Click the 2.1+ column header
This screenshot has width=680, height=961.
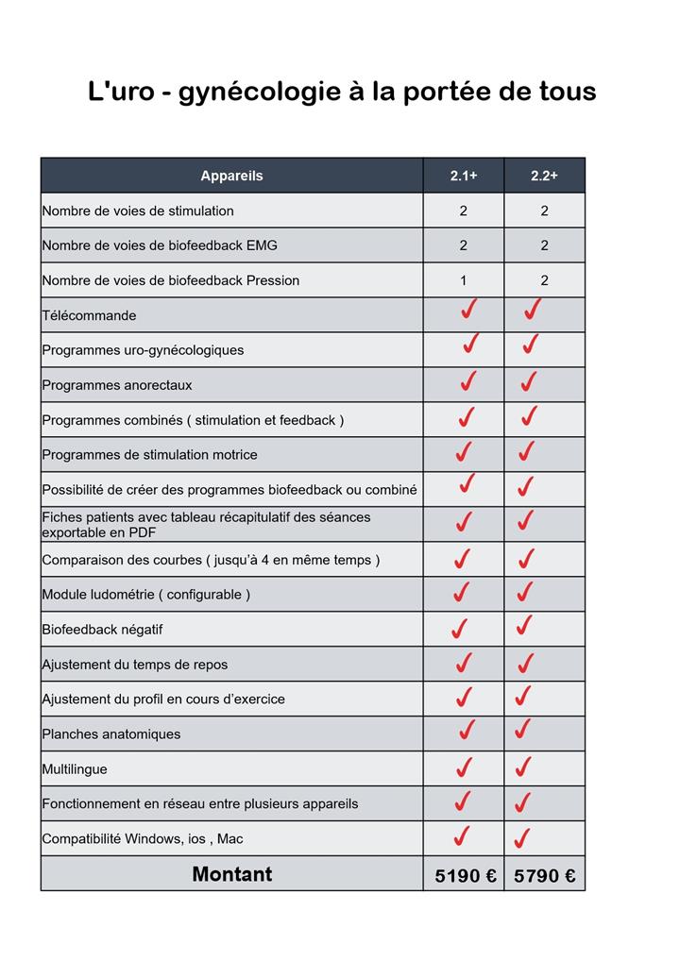point(463,176)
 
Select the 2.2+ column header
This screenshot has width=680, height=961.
point(544,176)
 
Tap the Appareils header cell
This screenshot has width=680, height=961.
point(231,176)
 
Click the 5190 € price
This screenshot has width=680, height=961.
point(466,876)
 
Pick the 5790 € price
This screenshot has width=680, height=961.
point(545,876)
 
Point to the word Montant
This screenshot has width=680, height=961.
point(231,874)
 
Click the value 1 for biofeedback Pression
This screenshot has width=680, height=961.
point(463,280)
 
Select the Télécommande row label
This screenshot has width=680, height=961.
point(89,315)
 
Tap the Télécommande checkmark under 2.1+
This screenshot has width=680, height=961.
point(467,310)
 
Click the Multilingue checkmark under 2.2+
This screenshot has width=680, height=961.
point(522,767)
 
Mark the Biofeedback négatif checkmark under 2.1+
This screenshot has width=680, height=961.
point(459,628)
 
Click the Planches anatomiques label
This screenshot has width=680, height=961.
point(110,734)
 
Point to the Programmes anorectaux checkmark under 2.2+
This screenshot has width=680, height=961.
point(528,381)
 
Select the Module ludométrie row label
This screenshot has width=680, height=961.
point(145,595)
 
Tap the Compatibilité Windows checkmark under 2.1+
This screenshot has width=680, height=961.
point(461,836)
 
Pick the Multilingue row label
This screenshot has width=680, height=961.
point(75,769)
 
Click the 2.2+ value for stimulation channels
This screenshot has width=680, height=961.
point(544,211)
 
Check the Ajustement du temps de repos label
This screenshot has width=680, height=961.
point(134,665)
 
